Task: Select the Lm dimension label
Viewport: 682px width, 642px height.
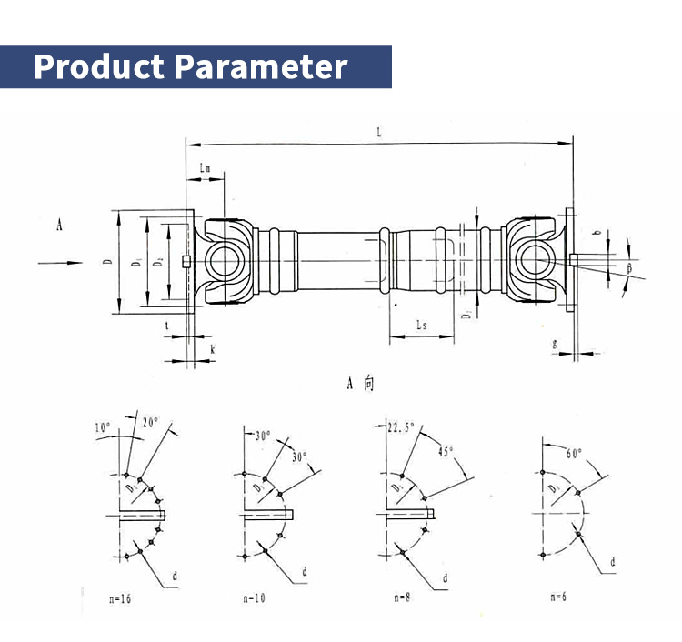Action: (205, 169)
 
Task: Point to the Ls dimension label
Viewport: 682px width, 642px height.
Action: (422, 325)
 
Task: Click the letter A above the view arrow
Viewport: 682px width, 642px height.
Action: (59, 225)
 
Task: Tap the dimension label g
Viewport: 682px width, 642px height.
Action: (555, 343)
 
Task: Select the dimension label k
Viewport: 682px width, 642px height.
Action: (212, 348)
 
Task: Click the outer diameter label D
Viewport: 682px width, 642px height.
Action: (107, 263)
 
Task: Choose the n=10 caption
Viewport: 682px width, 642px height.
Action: (256, 598)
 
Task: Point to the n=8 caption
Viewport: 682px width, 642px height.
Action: (404, 598)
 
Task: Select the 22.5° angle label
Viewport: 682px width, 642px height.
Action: (401, 427)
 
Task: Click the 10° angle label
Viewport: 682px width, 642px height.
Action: (102, 426)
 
